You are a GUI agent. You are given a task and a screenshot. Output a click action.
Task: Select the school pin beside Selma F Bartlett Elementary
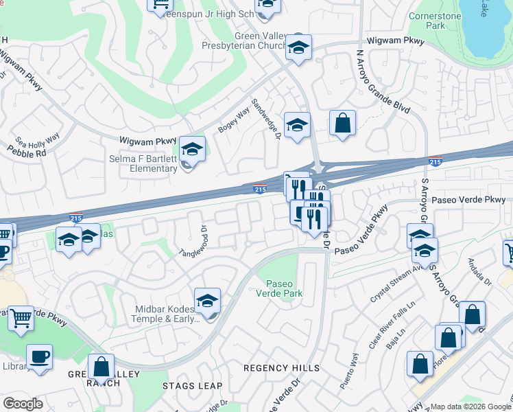pyautogui.click(x=193, y=150)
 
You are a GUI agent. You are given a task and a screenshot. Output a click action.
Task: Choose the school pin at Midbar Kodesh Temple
pyautogui.click(x=207, y=301)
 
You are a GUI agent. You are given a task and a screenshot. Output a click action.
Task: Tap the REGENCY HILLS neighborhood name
pyautogui.click(x=282, y=368)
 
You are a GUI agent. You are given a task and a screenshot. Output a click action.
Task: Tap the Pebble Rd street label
pyautogui.click(x=27, y=152)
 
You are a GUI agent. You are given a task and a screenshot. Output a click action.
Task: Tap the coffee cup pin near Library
pyautogui.click(x=40, y=358)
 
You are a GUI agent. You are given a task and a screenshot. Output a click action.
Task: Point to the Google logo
pyautogui.click(x=23, y=404)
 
